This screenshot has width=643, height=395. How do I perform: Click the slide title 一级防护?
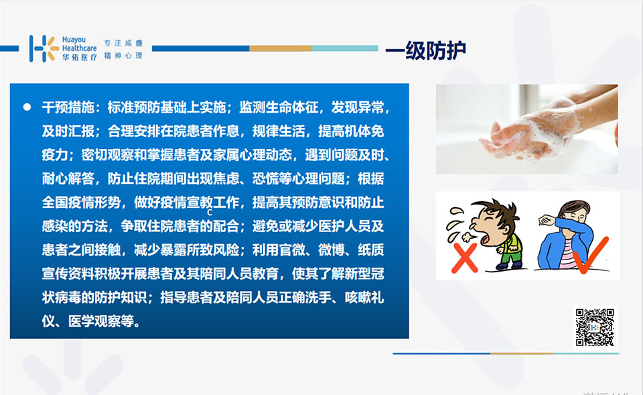tap(426, 50)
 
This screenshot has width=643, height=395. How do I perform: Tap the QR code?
tap(595, 327)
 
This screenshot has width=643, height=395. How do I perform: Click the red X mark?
tap(465, 258)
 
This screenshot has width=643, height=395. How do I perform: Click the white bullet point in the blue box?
tap(27, 107)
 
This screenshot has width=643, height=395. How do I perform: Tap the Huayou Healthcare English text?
tap(79, 44)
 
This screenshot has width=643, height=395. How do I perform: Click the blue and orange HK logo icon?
tap(44, 48)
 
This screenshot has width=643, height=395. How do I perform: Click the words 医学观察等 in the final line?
tap(101, 321)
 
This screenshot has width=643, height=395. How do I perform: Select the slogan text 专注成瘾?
tap(123, 43)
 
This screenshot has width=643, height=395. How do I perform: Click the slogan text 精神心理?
tap(123, 56)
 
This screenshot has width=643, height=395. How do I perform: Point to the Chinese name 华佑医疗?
tap(79, 57)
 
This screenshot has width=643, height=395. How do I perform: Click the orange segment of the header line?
tap(281, 48)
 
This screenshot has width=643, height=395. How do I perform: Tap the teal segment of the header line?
tap(345, 48)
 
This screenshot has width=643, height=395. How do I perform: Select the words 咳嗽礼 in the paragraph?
tap(364, 297)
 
